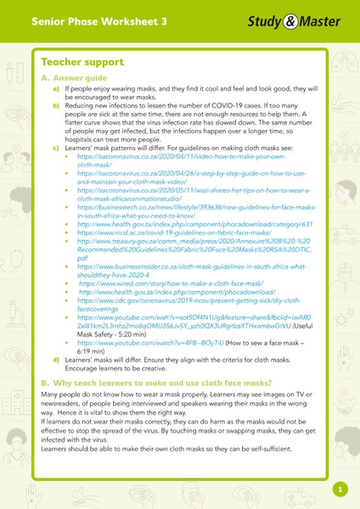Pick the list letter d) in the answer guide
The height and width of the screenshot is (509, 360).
point(57,358)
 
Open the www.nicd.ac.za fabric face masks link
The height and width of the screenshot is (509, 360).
point(170,233)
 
